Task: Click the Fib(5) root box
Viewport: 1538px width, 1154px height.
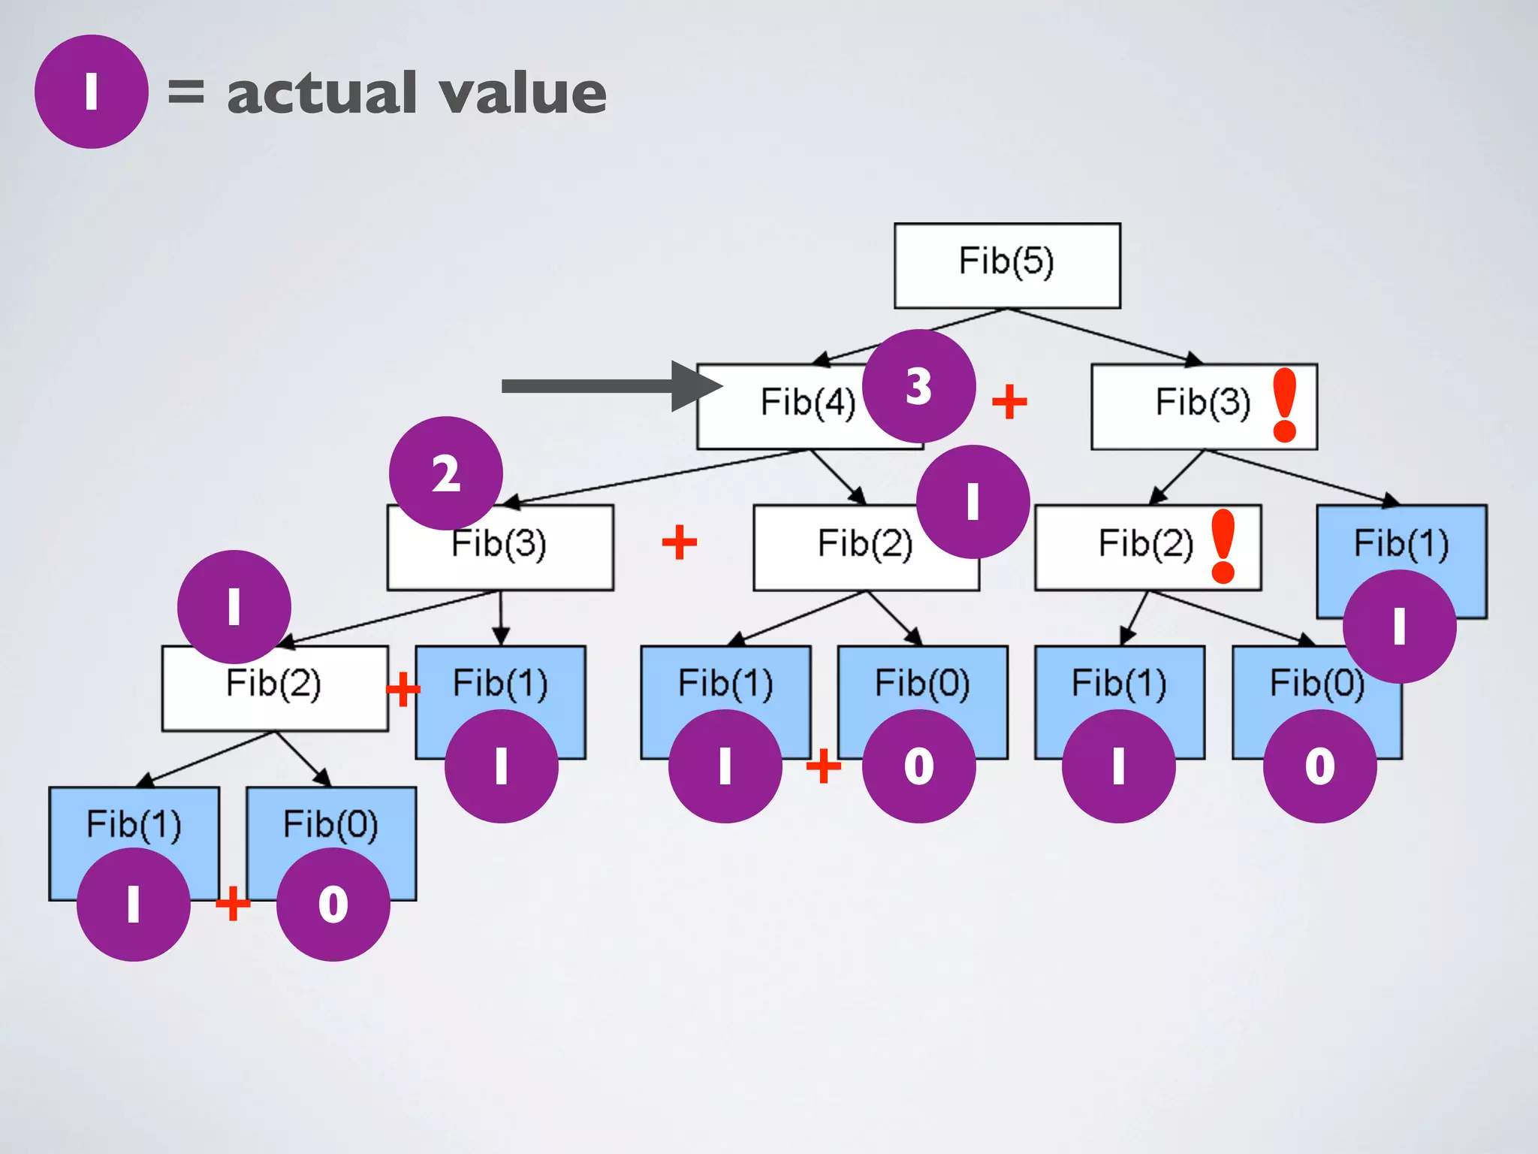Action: click(x=1006, y=265)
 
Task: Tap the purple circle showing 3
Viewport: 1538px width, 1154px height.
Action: click(x=918, y=386)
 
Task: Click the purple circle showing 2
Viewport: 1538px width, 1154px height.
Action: click(x=446, y=473)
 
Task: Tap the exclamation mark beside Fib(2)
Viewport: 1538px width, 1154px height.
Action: click(x=1223, y=545)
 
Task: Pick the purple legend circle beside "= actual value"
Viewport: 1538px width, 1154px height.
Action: click(x=91, y=92)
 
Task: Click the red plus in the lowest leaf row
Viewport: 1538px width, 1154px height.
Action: click(x=233, y=903)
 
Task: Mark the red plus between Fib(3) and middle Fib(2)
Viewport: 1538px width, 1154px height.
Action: click(x=680, y=542)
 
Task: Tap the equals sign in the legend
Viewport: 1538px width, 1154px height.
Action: click(x=185, y=92)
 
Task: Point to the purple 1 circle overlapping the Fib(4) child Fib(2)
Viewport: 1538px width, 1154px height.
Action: click(x=973, y=502)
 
